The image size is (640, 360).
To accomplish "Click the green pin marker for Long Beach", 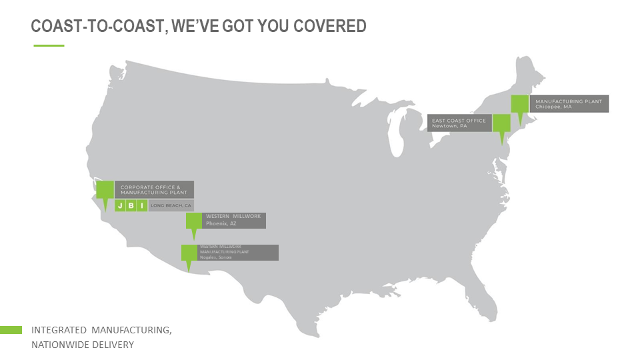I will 105,190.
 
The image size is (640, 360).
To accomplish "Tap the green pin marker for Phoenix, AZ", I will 194,221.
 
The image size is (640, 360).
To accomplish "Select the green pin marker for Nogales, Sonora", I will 189,253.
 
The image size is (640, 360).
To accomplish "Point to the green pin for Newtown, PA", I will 501,123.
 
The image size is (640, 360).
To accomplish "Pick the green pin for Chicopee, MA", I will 520,105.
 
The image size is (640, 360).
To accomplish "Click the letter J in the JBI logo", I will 121,205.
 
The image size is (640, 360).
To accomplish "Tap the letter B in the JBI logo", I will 131,205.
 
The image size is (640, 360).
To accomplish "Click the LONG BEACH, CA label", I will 171,206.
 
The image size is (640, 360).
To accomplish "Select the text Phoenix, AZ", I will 221,224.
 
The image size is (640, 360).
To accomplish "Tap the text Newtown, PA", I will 449,126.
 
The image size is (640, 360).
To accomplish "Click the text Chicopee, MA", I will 553,107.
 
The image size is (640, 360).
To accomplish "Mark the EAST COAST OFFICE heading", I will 459,120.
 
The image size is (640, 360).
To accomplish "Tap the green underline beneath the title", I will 49,45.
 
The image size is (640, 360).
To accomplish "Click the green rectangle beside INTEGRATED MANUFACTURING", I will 11,330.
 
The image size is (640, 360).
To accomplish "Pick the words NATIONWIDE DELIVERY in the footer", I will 83,345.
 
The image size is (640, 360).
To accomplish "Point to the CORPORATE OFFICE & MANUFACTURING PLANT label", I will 154,189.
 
